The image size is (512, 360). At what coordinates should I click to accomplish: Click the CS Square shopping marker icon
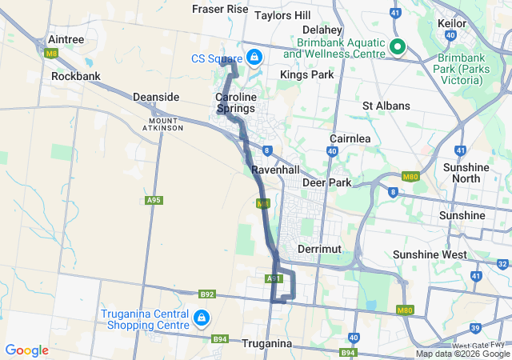point(254,58)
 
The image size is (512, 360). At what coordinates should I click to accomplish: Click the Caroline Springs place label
point(235,102)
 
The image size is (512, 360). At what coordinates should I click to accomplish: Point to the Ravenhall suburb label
point(274,170)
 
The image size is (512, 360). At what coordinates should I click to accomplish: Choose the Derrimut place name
point(319,249)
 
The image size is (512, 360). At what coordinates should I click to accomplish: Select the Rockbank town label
point(74,77)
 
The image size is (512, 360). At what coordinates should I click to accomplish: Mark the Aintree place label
point(66,38)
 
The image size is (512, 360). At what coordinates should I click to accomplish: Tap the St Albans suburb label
point(386,106)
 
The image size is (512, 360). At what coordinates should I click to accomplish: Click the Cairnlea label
point(350,138)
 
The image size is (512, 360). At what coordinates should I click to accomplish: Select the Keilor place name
point(452,23)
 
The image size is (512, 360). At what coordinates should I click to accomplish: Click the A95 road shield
point(154,200)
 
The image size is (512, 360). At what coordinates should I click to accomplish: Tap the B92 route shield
point(207,294)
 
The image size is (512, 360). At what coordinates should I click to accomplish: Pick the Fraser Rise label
point(221,9)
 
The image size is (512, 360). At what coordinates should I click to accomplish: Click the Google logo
point(27,350)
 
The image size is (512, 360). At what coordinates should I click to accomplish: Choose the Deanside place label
point(156,97)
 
